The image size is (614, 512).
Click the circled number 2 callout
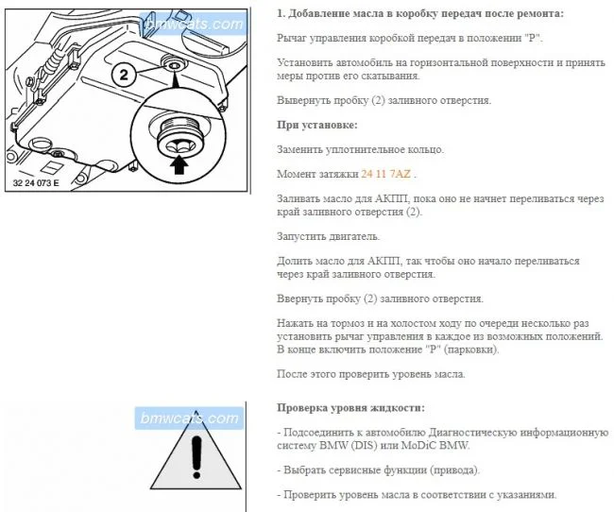click(x=124, y=75)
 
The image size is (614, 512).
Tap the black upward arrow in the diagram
click(x=179, y=164)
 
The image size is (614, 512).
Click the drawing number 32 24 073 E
click(x=36, y=183)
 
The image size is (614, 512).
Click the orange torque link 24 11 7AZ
click(x=386, y=174)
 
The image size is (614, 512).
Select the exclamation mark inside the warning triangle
click(x=196, y=457)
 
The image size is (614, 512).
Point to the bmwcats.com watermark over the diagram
click(x=195, y=25)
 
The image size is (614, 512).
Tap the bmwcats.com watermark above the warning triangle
click(x=190, y=418)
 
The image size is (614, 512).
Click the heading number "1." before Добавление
click(x=281, y=14)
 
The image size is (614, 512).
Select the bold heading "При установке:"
click(x=317, y=126)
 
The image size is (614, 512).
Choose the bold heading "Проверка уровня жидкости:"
click(x=350, y=408)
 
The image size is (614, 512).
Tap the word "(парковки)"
click(x=471, y=350)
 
